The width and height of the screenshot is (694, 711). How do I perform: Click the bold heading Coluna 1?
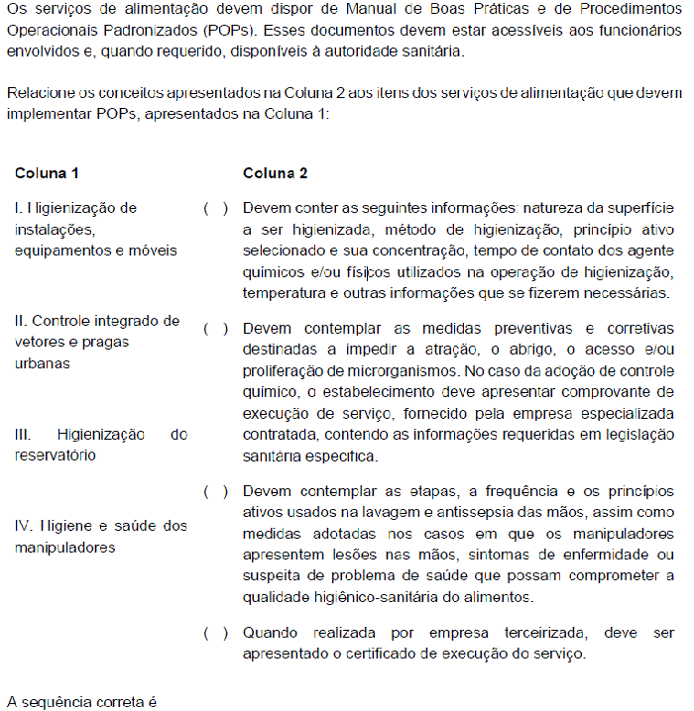(x=47, y=172)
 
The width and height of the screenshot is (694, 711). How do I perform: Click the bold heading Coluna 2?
(x=276, y=172)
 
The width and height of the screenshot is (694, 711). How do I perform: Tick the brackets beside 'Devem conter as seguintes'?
(x=216, y=209)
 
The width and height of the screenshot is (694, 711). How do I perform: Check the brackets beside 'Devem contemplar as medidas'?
(x=216, y=328)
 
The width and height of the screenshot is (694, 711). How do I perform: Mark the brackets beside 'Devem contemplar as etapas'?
(x=216, y=490)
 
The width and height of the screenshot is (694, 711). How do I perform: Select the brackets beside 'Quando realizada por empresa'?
(x=216, y=632)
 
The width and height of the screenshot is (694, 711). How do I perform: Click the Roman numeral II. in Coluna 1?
(x=21, y=321)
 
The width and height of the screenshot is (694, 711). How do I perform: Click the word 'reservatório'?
(x=55, y=455)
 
